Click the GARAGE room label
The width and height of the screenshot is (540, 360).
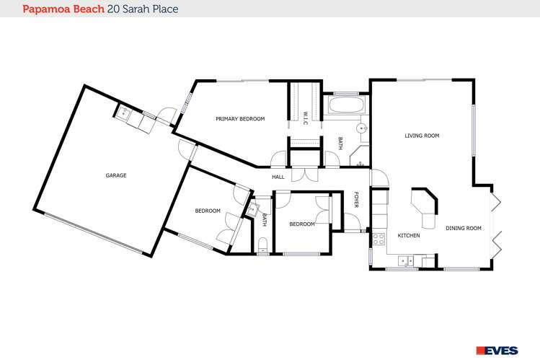point(115,175)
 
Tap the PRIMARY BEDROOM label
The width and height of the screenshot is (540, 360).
point(240,118)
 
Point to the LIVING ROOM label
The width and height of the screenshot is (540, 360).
point(422,135)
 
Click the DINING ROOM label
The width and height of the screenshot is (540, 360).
point(463,228)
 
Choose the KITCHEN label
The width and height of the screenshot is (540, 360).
point(409,235)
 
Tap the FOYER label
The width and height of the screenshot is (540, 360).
point(355,201)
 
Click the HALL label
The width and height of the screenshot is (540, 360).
point(278,177)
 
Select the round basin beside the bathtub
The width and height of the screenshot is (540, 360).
point(363,127)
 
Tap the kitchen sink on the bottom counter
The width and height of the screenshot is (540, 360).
point(408,260)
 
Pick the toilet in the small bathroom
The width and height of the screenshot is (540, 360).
point(263,243)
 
